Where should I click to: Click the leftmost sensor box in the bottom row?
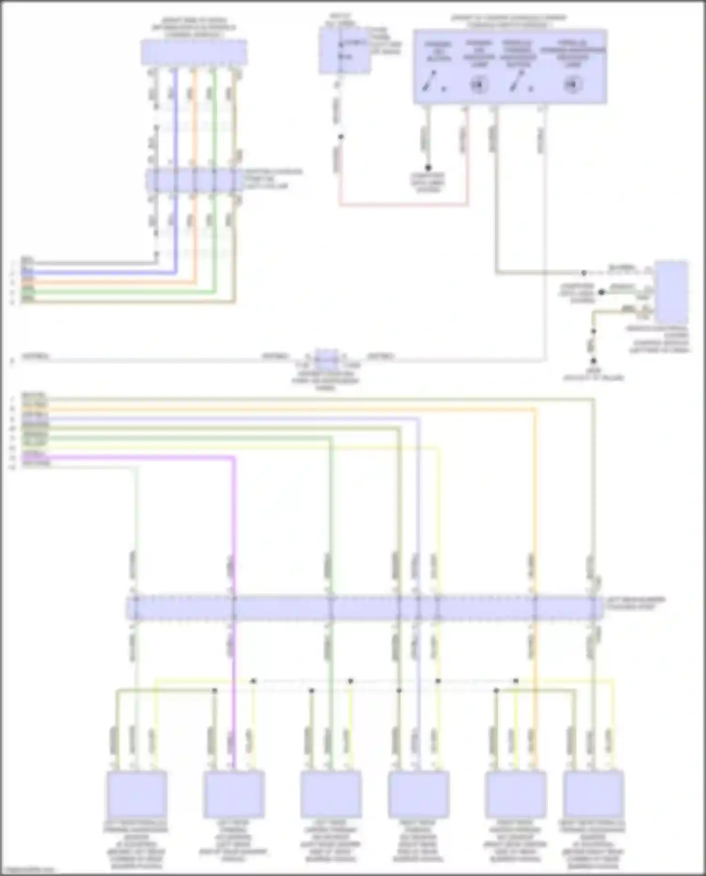tap(136, 794)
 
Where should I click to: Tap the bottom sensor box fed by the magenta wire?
tap(234, 794)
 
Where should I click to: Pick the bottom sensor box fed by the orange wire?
tap(515, 794)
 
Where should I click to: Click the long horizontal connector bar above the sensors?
tap(365, 608)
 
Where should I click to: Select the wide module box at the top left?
tap(194, 52)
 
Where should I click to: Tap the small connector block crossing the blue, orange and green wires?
tap(194, 181)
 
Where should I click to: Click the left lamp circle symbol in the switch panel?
tap(479, 85)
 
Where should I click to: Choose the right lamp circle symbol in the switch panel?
tap(572, 85)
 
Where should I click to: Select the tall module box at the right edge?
tap(672, 292)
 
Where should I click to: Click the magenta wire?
tap(234, 518)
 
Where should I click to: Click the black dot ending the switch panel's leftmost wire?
tap(428, 168)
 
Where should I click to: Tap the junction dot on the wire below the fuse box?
tap(340, 137)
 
